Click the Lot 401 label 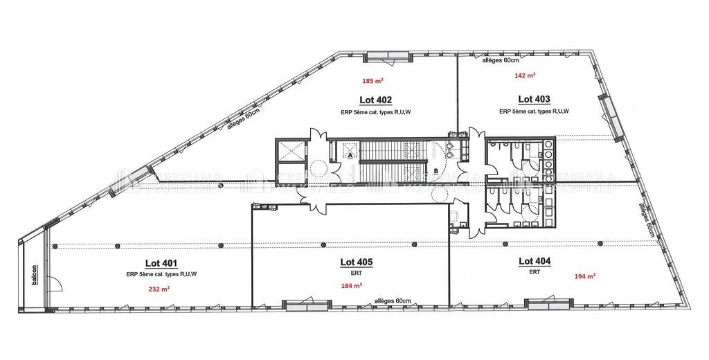click(x=161, y=263)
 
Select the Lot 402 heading click(x=376, y=99)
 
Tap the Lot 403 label click(x=534, y=99)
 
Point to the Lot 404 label click(x=535, y=261)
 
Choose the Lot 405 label click(x=357, y=262)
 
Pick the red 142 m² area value click(x=525, y=75)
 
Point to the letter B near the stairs click(x=436, y=170)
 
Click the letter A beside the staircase click(x=350, y=156)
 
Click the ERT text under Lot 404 click(x=534, y=272)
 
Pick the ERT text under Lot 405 click(x=357, y=273)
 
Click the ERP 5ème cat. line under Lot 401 click(x=161, y=274)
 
